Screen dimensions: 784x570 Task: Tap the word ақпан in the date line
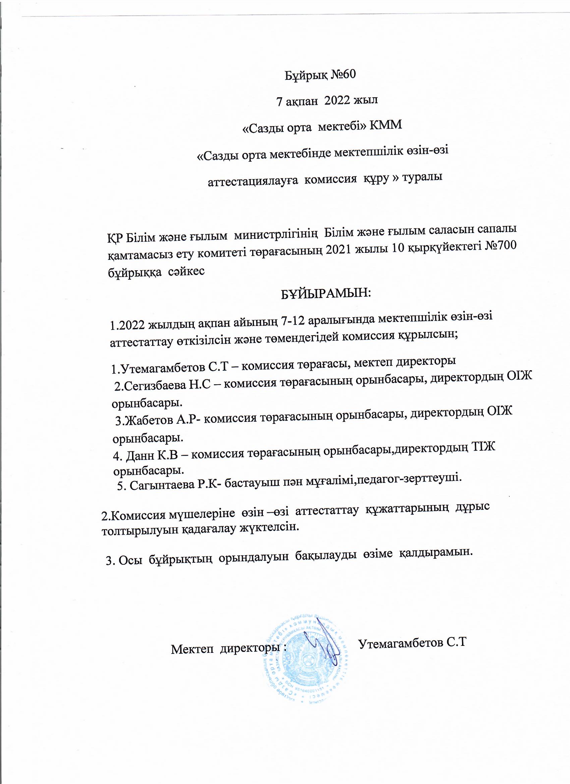[302, 100]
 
